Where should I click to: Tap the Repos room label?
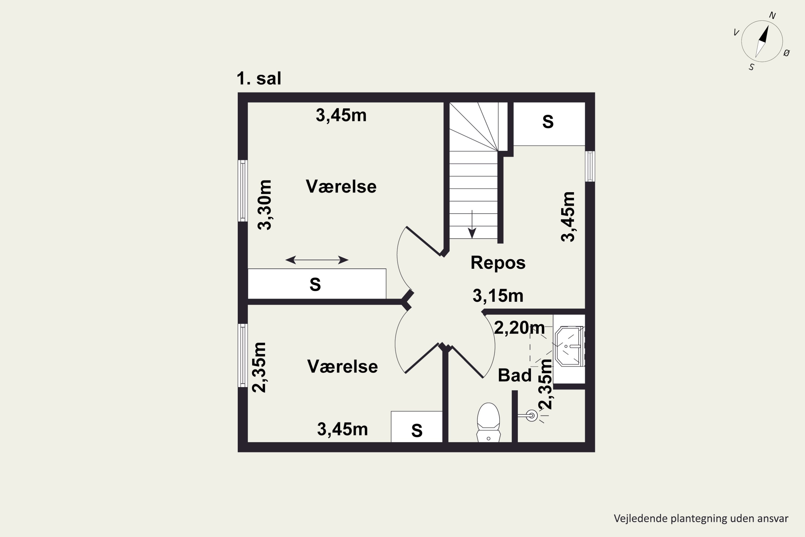coord(498,263)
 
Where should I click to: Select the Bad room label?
coord(514,375)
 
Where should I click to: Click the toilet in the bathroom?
coord(488,423)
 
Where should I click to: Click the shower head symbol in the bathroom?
coord(532,416)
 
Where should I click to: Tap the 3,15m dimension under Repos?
coord(498,296)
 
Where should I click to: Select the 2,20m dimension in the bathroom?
coord(519,328)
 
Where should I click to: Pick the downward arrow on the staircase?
coord(472,224)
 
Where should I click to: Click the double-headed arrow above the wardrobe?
coord(317,260)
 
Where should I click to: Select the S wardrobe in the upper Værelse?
coord(317,284)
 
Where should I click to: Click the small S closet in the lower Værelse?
coord(416,427)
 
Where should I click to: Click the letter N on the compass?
coord(772,15)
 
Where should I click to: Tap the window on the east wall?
coord(590,166)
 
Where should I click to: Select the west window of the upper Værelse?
coord(243,191)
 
